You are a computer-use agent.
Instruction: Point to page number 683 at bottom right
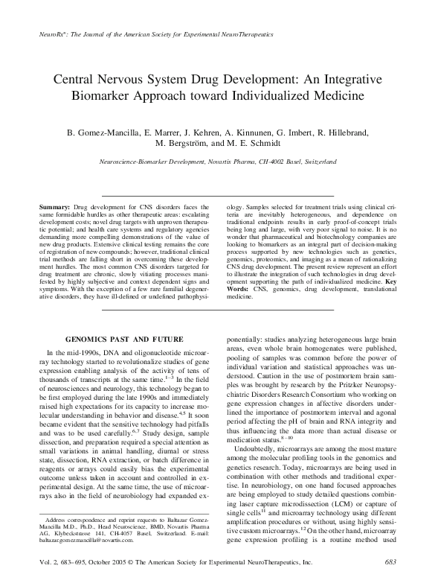point(390,570)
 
